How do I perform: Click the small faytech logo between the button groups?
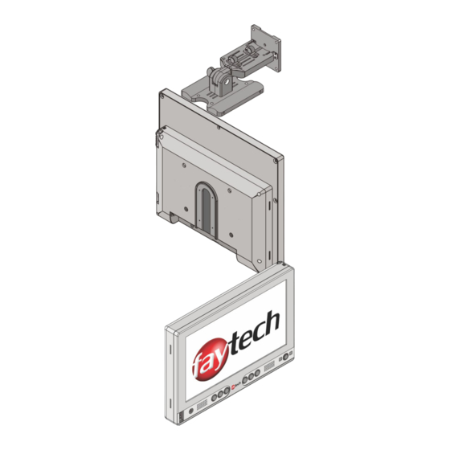point(236,387)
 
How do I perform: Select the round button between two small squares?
point(286,358)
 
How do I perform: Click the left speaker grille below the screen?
point(202,404)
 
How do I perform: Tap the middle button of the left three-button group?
point(220,395)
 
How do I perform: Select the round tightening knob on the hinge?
point(211,71)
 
